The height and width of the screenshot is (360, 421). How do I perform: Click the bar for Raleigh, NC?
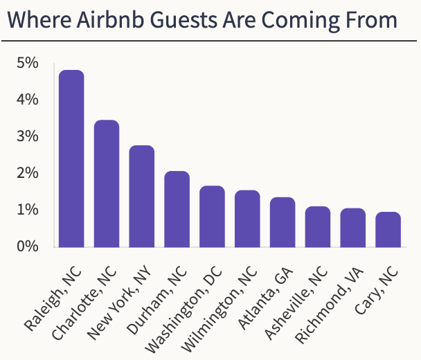pyautogui.click(x=71, y=159)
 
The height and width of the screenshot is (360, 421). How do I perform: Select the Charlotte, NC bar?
pyautogui.click(x=107, y=183)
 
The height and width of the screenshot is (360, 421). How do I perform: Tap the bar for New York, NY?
pyautogui.click(x=142, y=196)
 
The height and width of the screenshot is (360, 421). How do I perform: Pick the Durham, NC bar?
pyautogui.click(x=177, y=209)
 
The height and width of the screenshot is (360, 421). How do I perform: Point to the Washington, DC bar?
pyautogui.click(x=212, y=217)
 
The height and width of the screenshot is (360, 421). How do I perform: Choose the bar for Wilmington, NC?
pyautogui.click(x=247, y=219)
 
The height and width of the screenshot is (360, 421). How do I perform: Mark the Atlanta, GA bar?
pyautogui.click(x=283, y=222)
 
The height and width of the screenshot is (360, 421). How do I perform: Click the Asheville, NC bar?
pyautogui.click(x=318, y=226)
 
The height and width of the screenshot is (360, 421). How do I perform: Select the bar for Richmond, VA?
pyautogui.click(x=353, y=228)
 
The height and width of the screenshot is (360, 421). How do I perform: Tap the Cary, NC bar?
pyautogui.click(x=388, y=229)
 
